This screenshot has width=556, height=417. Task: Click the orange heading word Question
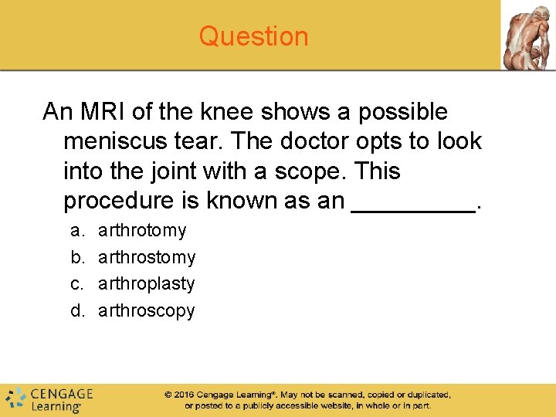[x=253, y=36]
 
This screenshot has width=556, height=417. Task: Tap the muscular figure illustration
[x=528, y=36]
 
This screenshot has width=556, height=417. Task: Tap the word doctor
[x=305, y=141]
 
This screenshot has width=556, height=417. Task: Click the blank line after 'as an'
[x=413, y=202]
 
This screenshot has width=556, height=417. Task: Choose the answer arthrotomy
[x=142, y=230]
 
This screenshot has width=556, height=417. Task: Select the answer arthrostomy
[x=147, y=257]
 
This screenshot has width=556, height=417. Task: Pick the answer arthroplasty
[x=147, y=283]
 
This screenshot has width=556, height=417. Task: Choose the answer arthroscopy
[x=147, y=310]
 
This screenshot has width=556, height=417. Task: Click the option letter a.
[x=76, y=230]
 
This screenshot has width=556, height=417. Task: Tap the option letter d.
[x=76, y=310]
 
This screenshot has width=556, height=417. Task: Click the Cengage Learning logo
[x=49, y=398]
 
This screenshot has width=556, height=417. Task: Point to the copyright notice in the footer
[x=307, y=399]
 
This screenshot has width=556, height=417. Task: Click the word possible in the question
[x=402, y=112]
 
